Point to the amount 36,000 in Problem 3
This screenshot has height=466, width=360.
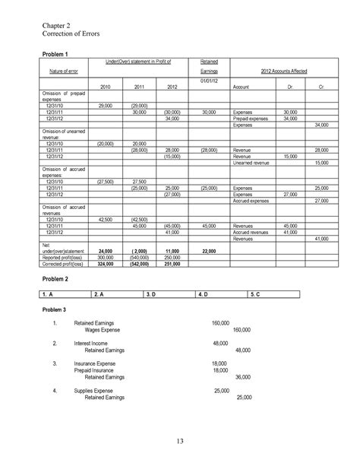pos(242,376)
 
